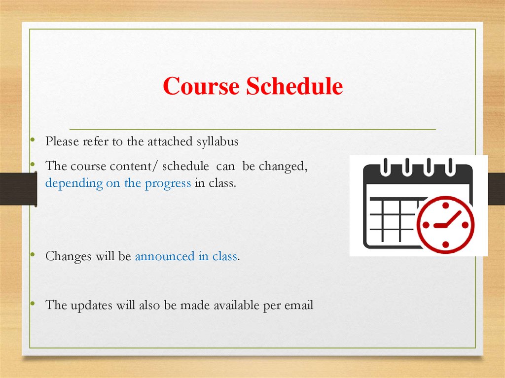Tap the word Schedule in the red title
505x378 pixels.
click(x=294, y=87)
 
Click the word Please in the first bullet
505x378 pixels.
click(x=62, y=142)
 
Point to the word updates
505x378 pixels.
click(x=91, y=306)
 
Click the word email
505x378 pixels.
click(x=299, y=306)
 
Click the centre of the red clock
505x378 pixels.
click(x=445, y=225)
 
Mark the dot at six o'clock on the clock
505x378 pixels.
click(x=445, y=245)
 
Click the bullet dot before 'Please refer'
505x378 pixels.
click(x=32, y=141)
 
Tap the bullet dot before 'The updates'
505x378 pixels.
click(x=32, y=305)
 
